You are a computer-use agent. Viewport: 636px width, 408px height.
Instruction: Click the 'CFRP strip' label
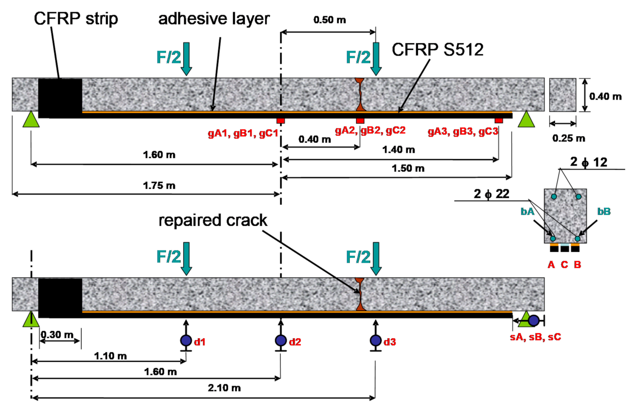click(x=76, y=19)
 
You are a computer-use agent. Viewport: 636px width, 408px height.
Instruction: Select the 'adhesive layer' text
click(x=214, y=19)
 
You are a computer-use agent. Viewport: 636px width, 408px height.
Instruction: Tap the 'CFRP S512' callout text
click(x=438, y=50)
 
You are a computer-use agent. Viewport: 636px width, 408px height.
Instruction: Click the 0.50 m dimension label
click(x=330, y=20)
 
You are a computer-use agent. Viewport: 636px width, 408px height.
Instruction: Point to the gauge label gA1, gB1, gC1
click(x=243, y=133)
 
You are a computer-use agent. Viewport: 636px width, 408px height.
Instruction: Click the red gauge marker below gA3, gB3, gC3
click(x=499, y=120)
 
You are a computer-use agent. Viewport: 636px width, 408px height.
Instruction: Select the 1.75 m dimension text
click(x=159, y=186)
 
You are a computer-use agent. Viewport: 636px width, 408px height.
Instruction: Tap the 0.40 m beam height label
click(x=605, y=96)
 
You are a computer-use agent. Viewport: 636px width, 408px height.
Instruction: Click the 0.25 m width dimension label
click(x=569, y=138)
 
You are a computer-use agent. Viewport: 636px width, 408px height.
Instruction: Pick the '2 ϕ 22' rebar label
click(x=491, y=194)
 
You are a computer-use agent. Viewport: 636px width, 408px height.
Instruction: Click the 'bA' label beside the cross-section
click(x=528, y=211)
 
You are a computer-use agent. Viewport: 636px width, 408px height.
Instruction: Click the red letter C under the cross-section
click(x=564, y=265)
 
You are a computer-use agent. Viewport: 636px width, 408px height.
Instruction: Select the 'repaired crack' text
click(x=213, y=220)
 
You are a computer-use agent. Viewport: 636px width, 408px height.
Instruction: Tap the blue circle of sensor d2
click(x=281, y=340)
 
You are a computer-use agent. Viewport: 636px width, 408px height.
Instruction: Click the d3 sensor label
click(x=390, y=342)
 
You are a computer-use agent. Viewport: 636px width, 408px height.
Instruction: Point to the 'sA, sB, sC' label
click(x=535, y=337)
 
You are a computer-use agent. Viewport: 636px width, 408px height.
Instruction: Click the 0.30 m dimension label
click(x=57, y=335)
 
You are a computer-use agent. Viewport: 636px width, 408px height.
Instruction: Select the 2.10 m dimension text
click(x=224, y=388)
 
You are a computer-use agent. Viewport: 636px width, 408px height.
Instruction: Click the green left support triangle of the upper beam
click(x=31, y=119)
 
